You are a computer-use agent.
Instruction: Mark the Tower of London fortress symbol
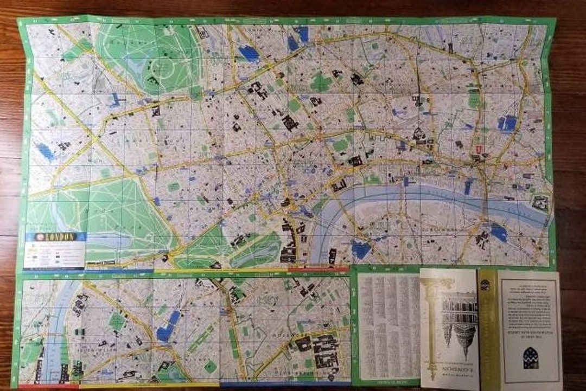click(540, 202)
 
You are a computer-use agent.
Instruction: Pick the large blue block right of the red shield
click(508, 124)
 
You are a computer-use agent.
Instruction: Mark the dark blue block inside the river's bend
click(360, 249)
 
